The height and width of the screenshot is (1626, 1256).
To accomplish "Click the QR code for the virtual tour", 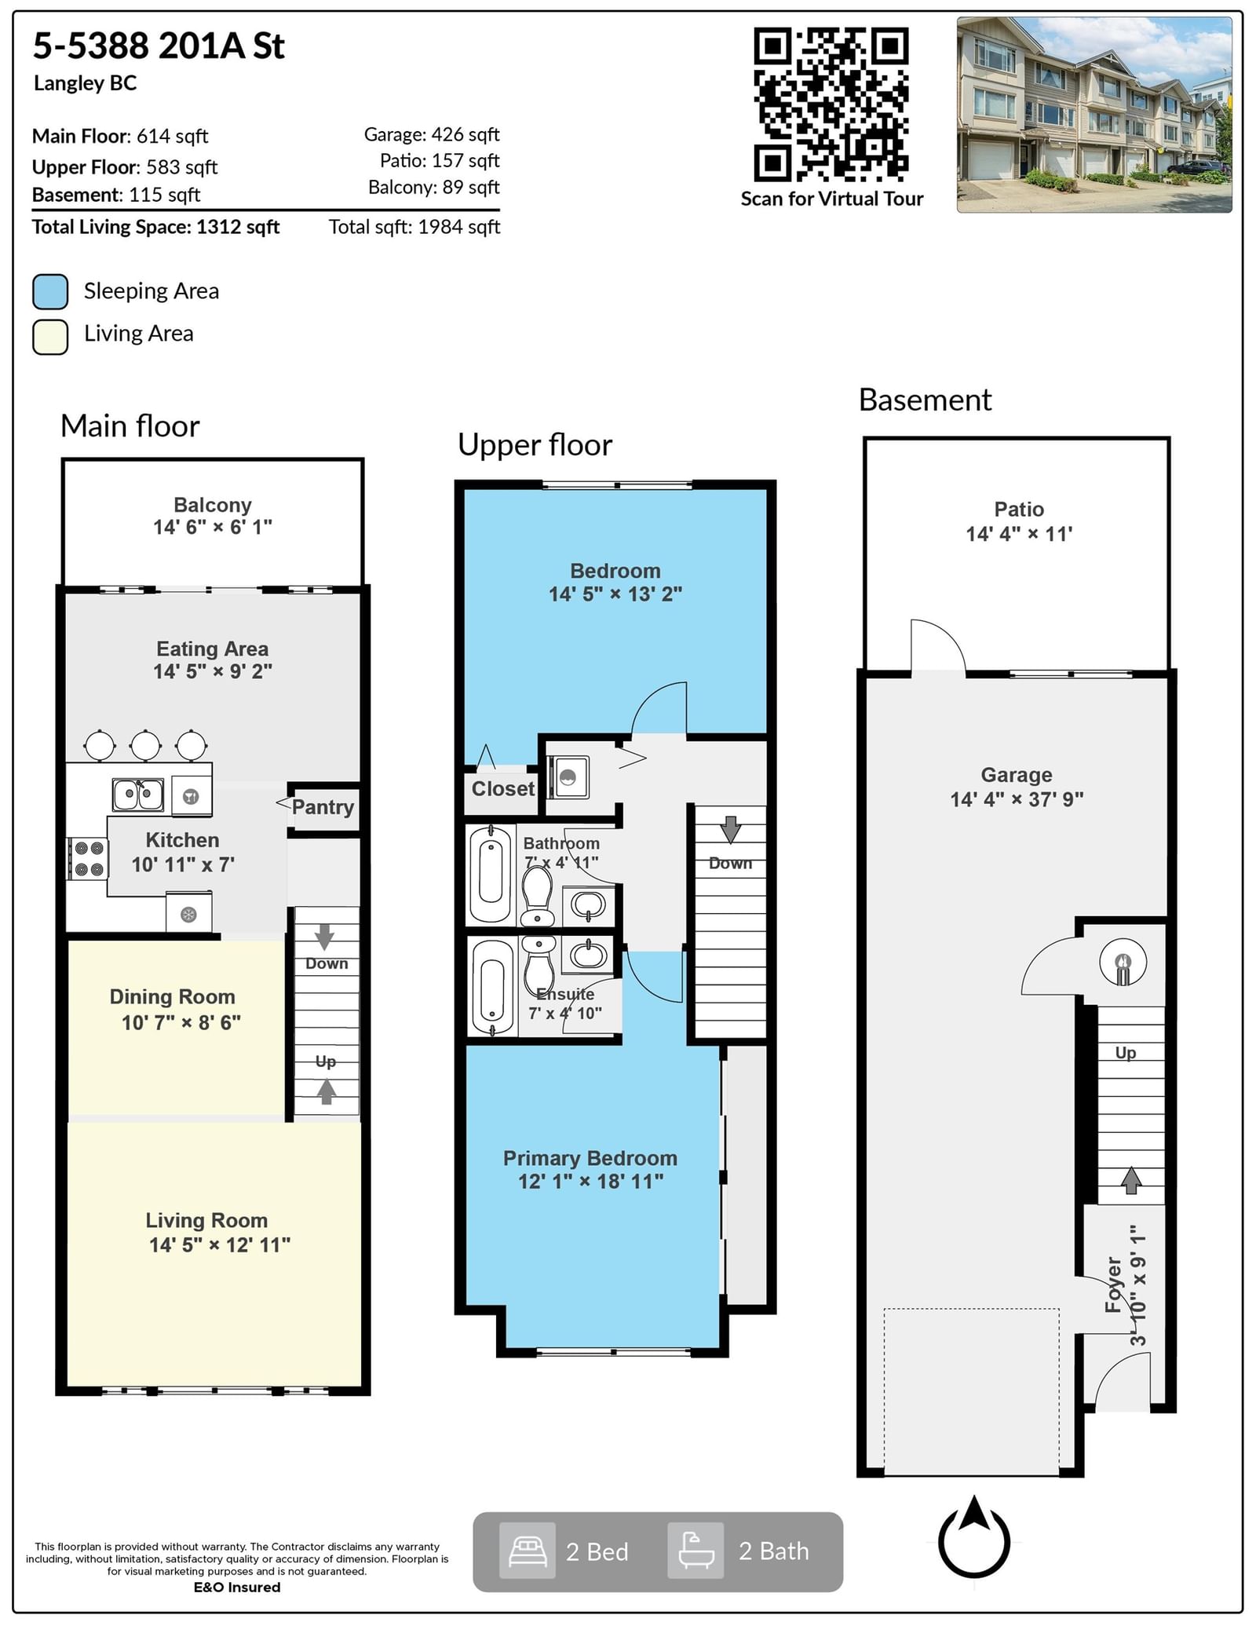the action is (x=831, y=104).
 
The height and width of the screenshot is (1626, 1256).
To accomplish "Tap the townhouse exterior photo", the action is (x=1094, y=115).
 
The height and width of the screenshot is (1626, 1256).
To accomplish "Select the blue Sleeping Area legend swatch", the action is (x=50, y=291).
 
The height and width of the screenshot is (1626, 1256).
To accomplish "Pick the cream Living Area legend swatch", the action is (x=50, y=337).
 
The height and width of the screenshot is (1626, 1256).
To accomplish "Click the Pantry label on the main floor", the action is (x=323, y=807).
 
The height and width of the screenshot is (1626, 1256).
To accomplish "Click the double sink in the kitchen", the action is (x=138, y=795).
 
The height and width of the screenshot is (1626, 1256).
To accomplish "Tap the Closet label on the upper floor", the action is (x=503, y=789).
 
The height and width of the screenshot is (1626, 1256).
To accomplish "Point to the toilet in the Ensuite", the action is (x=539, y=965).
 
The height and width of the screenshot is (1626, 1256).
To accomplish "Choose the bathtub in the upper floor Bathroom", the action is (x=491, y=872).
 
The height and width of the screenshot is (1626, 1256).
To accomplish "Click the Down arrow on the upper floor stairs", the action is (x=731, y=830).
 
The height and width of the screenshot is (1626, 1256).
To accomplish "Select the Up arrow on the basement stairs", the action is (x=1131, y=1179).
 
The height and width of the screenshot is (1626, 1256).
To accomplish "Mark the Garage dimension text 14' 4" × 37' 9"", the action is (x=1017, y=799).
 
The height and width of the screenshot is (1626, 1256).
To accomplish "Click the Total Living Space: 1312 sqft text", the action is (x=155, y=227).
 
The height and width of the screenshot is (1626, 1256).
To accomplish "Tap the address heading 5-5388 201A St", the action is (x=159, y=46).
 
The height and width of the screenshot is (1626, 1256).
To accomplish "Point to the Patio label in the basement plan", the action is (x=1019, y=510).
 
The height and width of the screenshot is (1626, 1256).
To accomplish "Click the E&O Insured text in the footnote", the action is (x=237, y=1602).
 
